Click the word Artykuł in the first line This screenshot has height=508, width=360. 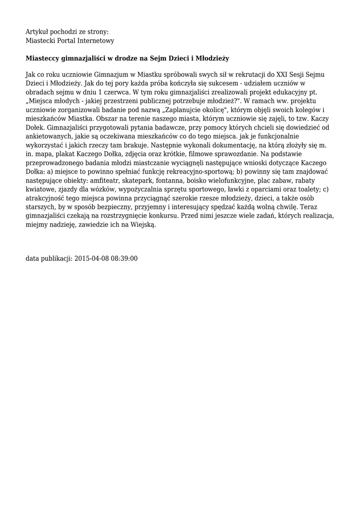click(x=37, y=32)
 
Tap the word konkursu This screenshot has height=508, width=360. click(x=162, y=217)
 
